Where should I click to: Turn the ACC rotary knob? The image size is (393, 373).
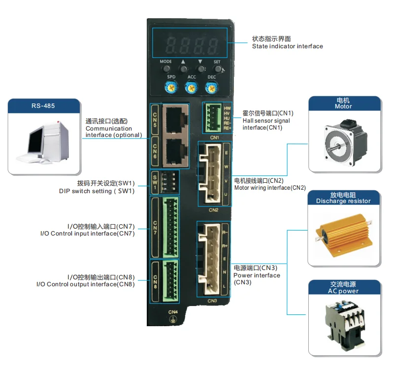191,88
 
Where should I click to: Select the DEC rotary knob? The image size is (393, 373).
211,88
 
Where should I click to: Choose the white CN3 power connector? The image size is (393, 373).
210,258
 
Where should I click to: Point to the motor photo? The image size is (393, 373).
344,141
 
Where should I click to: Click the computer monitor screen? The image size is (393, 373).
37,140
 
